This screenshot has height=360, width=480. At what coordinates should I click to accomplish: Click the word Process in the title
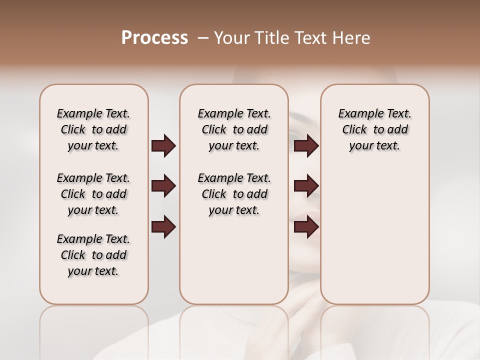click(154, 38)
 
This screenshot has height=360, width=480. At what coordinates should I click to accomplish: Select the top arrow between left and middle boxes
click(163, 146)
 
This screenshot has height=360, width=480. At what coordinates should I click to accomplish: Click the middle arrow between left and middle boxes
click(163, 186)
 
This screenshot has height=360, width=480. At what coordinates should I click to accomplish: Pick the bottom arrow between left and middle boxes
click(163, 226)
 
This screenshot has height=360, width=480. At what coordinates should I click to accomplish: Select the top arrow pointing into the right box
click(306, 146)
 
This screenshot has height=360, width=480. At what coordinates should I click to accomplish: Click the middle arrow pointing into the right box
click(306, 186)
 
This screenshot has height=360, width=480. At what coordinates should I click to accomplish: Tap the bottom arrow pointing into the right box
click(306, 227)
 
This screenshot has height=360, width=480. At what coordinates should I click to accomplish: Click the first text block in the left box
click(93, 129)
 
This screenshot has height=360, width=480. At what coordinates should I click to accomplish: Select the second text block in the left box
click(93, 194)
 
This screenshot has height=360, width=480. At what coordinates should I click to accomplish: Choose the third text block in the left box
click(93, 255)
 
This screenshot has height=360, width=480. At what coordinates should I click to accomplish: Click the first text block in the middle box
click(234, 129)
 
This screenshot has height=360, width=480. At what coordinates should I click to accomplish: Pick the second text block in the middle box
click(234, 194)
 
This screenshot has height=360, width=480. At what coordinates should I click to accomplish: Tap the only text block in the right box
click(374, 129)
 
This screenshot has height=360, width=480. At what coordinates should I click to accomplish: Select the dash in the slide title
click(203, 38)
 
